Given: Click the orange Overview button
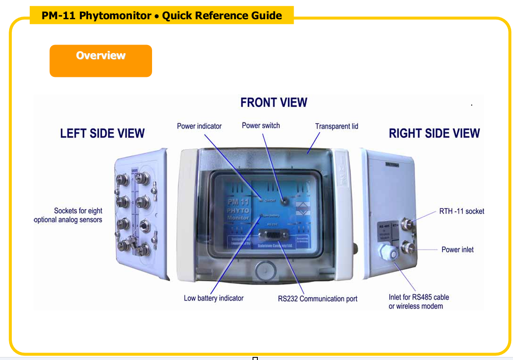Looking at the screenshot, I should [101, 61].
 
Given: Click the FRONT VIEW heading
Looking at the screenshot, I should [274, 103].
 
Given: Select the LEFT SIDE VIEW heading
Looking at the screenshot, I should [102, 133].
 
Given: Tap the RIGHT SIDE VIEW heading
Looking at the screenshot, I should [434, 133].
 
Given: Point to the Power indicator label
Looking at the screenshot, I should [199, 126].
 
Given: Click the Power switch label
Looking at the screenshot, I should [261, 126].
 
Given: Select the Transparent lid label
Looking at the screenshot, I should [336, 126].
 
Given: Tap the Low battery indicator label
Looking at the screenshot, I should [213, 298].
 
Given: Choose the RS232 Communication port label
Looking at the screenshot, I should [317, 299].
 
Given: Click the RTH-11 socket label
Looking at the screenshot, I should [461, 211].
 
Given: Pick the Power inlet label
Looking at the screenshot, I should [457, 250].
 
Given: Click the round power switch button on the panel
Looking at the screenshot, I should [284, 201].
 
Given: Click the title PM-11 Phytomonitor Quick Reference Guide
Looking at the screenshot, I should [162, 16].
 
